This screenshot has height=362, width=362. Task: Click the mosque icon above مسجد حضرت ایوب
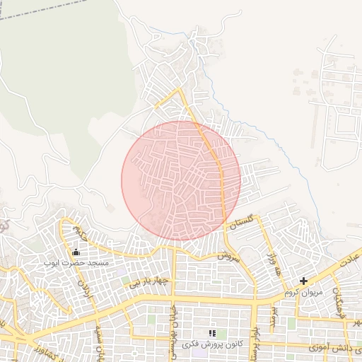(76, 252)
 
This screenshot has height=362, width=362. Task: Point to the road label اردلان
(85, 290)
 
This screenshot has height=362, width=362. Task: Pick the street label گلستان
(241, 223)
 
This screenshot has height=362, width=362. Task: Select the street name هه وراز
(271, 265)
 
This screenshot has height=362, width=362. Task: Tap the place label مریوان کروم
(303, 291)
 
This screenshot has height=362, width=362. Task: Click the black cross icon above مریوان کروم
(303, 281)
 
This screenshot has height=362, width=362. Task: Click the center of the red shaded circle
(181, 180)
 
